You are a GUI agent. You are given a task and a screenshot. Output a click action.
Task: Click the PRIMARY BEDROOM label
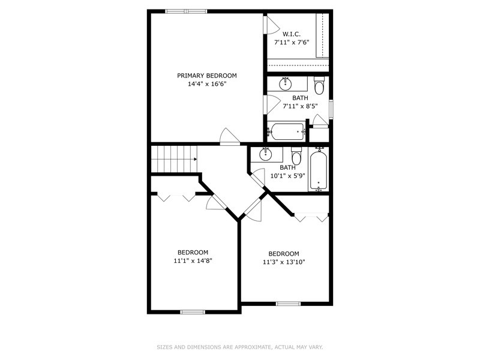coord(206,76)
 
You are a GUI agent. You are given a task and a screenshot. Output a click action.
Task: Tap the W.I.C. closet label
coord(291,34)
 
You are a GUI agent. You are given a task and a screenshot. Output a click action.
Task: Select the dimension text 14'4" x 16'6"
coord(206,84)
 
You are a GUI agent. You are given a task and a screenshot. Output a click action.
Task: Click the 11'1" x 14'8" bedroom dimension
coord(193,261)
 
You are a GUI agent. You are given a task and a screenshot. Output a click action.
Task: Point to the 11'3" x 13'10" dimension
coord(284,262)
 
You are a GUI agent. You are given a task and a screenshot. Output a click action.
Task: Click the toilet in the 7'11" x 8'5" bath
coord(319,85)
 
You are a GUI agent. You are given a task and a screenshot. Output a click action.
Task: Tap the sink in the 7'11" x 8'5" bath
coord(286,84)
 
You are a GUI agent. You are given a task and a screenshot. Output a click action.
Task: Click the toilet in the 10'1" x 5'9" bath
coord(296,156)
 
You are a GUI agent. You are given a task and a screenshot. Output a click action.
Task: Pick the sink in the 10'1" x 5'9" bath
coord(265,154)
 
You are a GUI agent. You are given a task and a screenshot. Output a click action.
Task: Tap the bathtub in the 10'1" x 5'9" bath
coord(319,170)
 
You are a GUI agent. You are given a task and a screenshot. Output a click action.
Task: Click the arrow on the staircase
coord(195,159)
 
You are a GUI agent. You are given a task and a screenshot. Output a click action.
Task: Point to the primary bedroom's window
coord(186,11)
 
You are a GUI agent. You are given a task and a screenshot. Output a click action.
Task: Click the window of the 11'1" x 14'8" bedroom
coord(193,312)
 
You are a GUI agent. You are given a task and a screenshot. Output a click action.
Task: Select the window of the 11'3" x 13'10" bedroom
coord(289,304)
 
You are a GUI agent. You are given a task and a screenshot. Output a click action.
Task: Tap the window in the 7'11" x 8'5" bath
coord(331,109)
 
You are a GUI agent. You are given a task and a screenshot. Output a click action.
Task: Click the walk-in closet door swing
coord(272,25)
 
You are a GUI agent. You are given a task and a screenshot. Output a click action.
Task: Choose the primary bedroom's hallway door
coord(230,136)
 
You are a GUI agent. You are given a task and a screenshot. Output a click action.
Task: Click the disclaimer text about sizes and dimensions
coord(240,347)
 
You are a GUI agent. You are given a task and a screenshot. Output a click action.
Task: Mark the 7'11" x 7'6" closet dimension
coord(292,43)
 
